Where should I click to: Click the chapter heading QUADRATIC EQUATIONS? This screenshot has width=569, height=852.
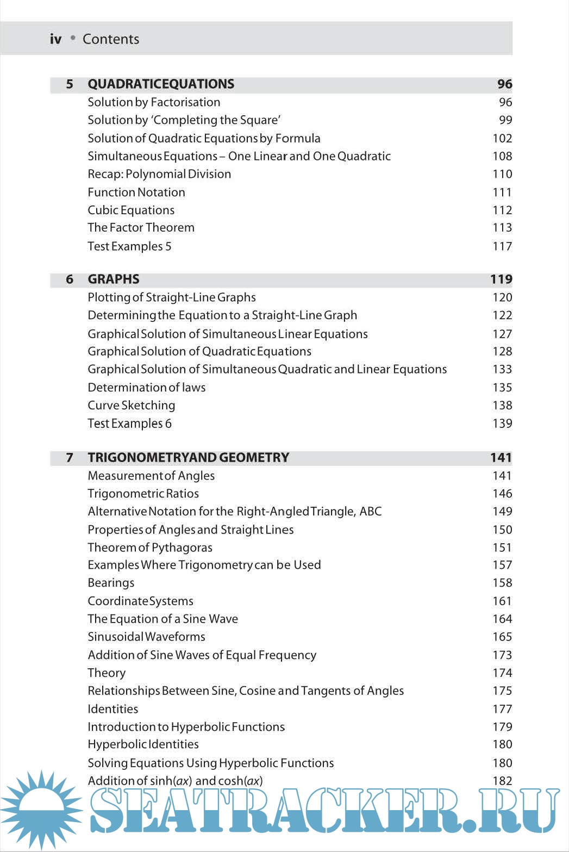[x=161, y=84]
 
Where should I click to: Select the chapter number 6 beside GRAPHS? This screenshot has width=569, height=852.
[x=70, y=279]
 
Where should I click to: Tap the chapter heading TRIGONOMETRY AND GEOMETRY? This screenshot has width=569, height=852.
[x=188, y=458]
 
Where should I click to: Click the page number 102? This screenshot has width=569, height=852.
[x=502, y=139]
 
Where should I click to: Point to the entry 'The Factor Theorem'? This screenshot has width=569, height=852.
[x=141, y=228]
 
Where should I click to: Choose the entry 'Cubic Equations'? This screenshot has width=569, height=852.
[x=131, y=210]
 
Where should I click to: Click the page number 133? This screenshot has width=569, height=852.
[x=502, y=370]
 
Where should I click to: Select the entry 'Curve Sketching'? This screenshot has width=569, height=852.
[x=132, y=406]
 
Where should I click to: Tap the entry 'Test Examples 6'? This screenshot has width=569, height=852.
[x=129, y=424]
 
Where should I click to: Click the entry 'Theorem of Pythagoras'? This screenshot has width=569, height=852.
[x=150, y=548]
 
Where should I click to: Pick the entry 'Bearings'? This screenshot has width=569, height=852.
[x=111, y=583]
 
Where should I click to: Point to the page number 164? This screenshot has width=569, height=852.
[x=502, y=619]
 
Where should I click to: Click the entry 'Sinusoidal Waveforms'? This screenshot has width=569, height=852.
[x=146, y=637]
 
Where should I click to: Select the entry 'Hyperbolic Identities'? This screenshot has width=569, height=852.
[x=143, y=744]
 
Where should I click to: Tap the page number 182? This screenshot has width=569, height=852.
[x=502, y=781]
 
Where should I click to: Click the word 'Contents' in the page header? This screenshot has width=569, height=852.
[x=111, y=39]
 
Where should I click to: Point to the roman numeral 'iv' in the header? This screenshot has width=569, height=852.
[x=55, y=39]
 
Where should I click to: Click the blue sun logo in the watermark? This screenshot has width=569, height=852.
[x=41, y=809]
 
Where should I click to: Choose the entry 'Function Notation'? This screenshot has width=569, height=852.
[x=136, y=192]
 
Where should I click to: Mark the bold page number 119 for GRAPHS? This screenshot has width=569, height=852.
[x=501, y=279]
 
